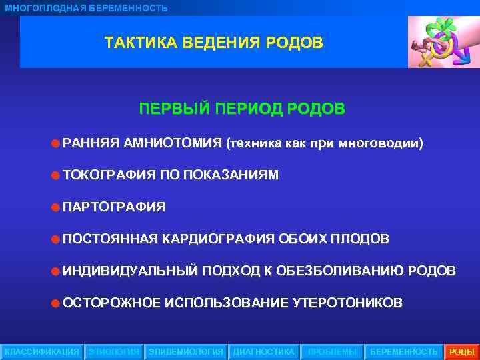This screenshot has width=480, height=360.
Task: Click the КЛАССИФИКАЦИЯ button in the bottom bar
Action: click(x=42, y=351)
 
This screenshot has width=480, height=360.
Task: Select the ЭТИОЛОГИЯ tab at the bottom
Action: click(x=114, y=351)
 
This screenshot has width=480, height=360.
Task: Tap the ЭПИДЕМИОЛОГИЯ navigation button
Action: click(x=187, y=351)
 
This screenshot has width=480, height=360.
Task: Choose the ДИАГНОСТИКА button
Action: click(x=263, y=351)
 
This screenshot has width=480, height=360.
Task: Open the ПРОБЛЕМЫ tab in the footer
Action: click(x=332, y=351)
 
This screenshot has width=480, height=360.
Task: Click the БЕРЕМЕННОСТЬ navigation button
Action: click(x=404, y=351)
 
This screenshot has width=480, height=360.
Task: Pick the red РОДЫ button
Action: click(x=462, y=351)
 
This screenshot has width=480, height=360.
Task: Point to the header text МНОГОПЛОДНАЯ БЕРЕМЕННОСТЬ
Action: click(x=87, y=8)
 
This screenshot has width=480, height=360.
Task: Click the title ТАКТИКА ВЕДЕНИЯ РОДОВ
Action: click(x=213, y=43)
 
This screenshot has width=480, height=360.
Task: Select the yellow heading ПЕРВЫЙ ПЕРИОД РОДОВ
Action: click(x=242, y=109)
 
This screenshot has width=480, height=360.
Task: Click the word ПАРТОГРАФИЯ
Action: click(x=114, y=207)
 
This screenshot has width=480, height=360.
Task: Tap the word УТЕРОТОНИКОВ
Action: click(x=347, y=303)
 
